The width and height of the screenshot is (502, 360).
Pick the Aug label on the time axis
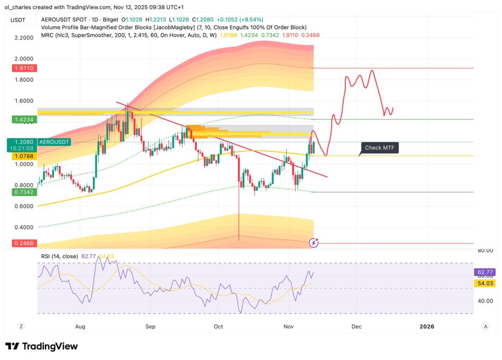pyautogui.click(x=81, y=326)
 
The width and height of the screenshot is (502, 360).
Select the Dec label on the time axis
pyautogui.click(x=357, y=326)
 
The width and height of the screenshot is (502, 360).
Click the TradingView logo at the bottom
pyautogui.click(x=42, y=346)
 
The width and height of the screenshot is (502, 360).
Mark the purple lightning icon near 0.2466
pyautogui.click(x=314, y=242)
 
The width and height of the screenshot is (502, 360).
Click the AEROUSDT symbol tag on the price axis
pyautogui.click(x=53, y=142)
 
